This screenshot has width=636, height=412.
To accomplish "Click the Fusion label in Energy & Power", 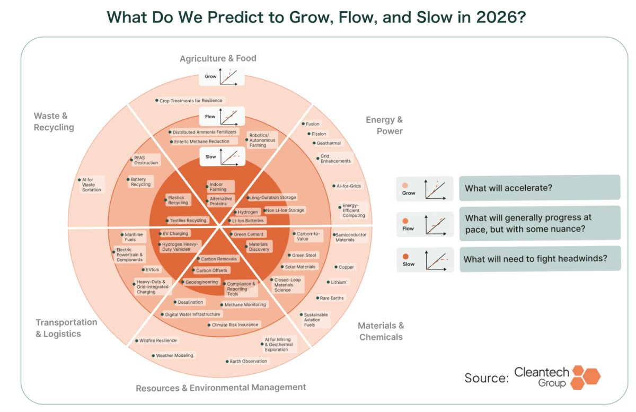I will point(313,124).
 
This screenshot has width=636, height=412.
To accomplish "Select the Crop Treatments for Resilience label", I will point(191,100).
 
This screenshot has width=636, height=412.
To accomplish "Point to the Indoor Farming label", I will point(218,187).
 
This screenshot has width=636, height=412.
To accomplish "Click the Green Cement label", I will point(248,234).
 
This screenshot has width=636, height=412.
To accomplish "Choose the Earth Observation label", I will point(248,361).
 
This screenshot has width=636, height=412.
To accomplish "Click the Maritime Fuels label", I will point(130,237).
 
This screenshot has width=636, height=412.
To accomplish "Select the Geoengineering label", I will point(201,282).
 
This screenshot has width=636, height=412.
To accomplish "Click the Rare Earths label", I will point(332,298).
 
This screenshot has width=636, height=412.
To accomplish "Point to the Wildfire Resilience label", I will point(158,340).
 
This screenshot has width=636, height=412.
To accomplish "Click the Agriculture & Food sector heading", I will point(218,58).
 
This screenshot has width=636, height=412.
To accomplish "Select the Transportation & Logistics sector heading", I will point(66,328).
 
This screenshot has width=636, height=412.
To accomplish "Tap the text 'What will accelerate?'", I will point(508,188).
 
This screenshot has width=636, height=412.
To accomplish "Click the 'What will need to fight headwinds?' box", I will point(540,259).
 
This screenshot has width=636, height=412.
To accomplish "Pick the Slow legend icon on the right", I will point(425,259).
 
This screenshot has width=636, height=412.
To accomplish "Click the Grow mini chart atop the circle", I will point(222,76).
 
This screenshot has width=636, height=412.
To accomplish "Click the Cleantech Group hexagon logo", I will point(585,377).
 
